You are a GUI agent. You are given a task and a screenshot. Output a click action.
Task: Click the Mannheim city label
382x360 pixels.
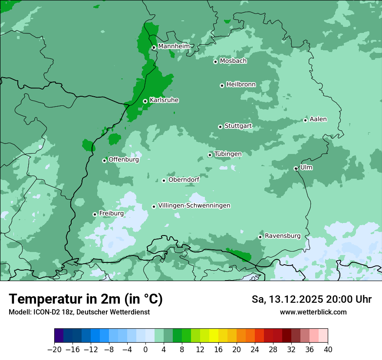point(174,46)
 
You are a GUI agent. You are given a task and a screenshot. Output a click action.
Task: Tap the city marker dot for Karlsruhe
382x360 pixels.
point(145,101)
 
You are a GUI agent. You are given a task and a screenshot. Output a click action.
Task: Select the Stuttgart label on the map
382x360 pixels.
point(238,126)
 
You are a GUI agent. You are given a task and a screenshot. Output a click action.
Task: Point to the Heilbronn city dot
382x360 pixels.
point(222,85)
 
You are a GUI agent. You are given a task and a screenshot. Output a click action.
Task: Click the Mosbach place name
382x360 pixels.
point(233,61)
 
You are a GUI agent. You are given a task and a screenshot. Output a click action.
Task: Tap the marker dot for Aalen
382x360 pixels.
point(305,120)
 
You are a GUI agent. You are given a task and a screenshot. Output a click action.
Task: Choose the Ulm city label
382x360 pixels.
point(306,167)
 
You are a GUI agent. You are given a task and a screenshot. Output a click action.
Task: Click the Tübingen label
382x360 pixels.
point(228,154)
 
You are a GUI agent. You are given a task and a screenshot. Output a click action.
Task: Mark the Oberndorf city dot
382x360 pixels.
point(164,180)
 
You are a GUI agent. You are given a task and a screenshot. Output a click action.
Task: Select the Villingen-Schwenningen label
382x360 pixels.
point(194,206)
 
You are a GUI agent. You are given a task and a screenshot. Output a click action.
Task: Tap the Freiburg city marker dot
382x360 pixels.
point(95,214)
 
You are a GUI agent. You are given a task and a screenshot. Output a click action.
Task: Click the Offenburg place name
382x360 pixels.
point(124,160)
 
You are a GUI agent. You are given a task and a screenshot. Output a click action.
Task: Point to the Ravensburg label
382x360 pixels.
point(283,236)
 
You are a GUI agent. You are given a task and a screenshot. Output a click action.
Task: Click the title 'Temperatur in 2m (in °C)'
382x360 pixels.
point(86,299)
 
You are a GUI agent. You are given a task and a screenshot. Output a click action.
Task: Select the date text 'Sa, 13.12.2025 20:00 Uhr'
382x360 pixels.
point(311,299)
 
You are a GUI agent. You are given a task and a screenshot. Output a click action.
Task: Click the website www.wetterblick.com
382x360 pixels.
point(313,312)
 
